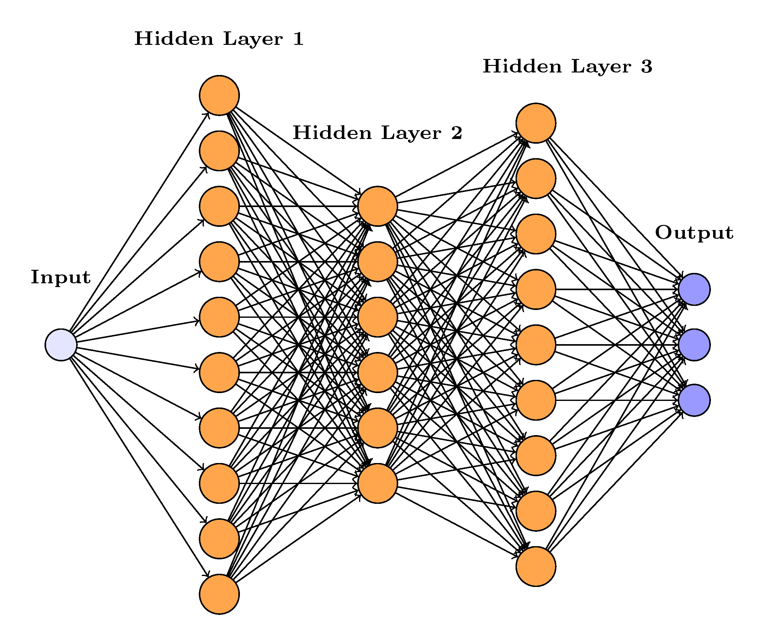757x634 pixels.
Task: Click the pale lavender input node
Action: (x=61, y=345)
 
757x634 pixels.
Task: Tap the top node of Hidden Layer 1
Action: (x=219, y=96)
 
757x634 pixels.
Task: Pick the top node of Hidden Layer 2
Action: (x=378, y=206)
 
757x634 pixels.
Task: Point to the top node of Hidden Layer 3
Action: (x=536, y=123)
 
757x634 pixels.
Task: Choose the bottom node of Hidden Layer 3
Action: (x=536, y=566)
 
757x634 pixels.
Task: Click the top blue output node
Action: (x=694, y=289)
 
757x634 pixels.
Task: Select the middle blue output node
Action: (x=694, y=345)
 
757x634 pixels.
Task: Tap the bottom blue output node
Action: (x=694, y=400)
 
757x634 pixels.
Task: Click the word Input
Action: (x=61, y=278)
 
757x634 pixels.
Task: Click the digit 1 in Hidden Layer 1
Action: (x=298, y=39)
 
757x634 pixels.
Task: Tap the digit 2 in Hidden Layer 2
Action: (x=456, y=133)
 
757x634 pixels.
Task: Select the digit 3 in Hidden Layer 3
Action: (x=647, y=67)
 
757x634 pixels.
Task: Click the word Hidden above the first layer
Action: (x=174, y=39)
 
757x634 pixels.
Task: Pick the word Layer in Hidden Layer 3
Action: (x=601, y=67)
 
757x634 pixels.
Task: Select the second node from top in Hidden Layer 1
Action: (x=219, y=151)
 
